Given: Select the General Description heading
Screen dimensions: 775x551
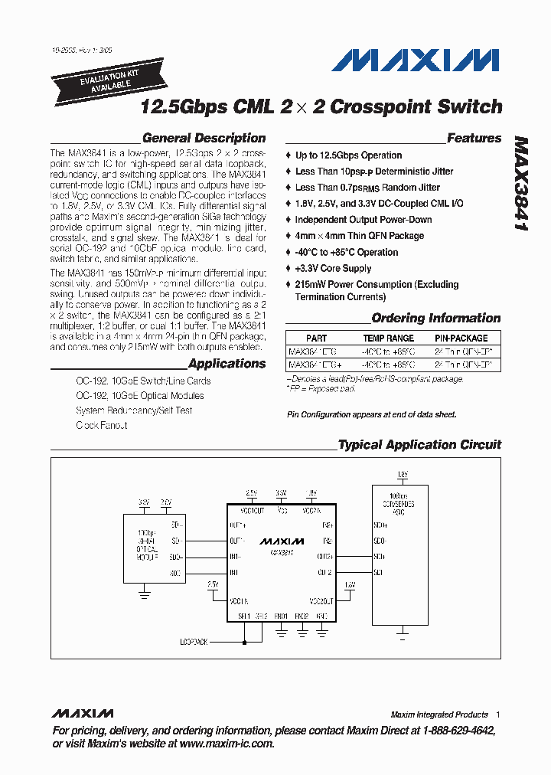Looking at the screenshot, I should click(204, 139).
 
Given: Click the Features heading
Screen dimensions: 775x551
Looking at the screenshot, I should click(474, 139).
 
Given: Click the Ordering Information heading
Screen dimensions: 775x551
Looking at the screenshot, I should click(435, 318).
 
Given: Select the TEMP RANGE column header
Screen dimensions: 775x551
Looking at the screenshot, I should click(388, 338).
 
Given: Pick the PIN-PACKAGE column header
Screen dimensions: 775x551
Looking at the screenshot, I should click(461, 338).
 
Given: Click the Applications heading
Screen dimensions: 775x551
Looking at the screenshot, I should click(227, 364).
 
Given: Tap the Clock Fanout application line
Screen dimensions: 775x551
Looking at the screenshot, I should click(101, 425).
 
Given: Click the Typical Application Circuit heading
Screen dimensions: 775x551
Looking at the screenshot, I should click(419, 444).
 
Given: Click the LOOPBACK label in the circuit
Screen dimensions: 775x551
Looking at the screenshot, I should click(194, 642).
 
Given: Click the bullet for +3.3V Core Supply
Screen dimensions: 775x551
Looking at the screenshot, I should click(289, 269).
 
